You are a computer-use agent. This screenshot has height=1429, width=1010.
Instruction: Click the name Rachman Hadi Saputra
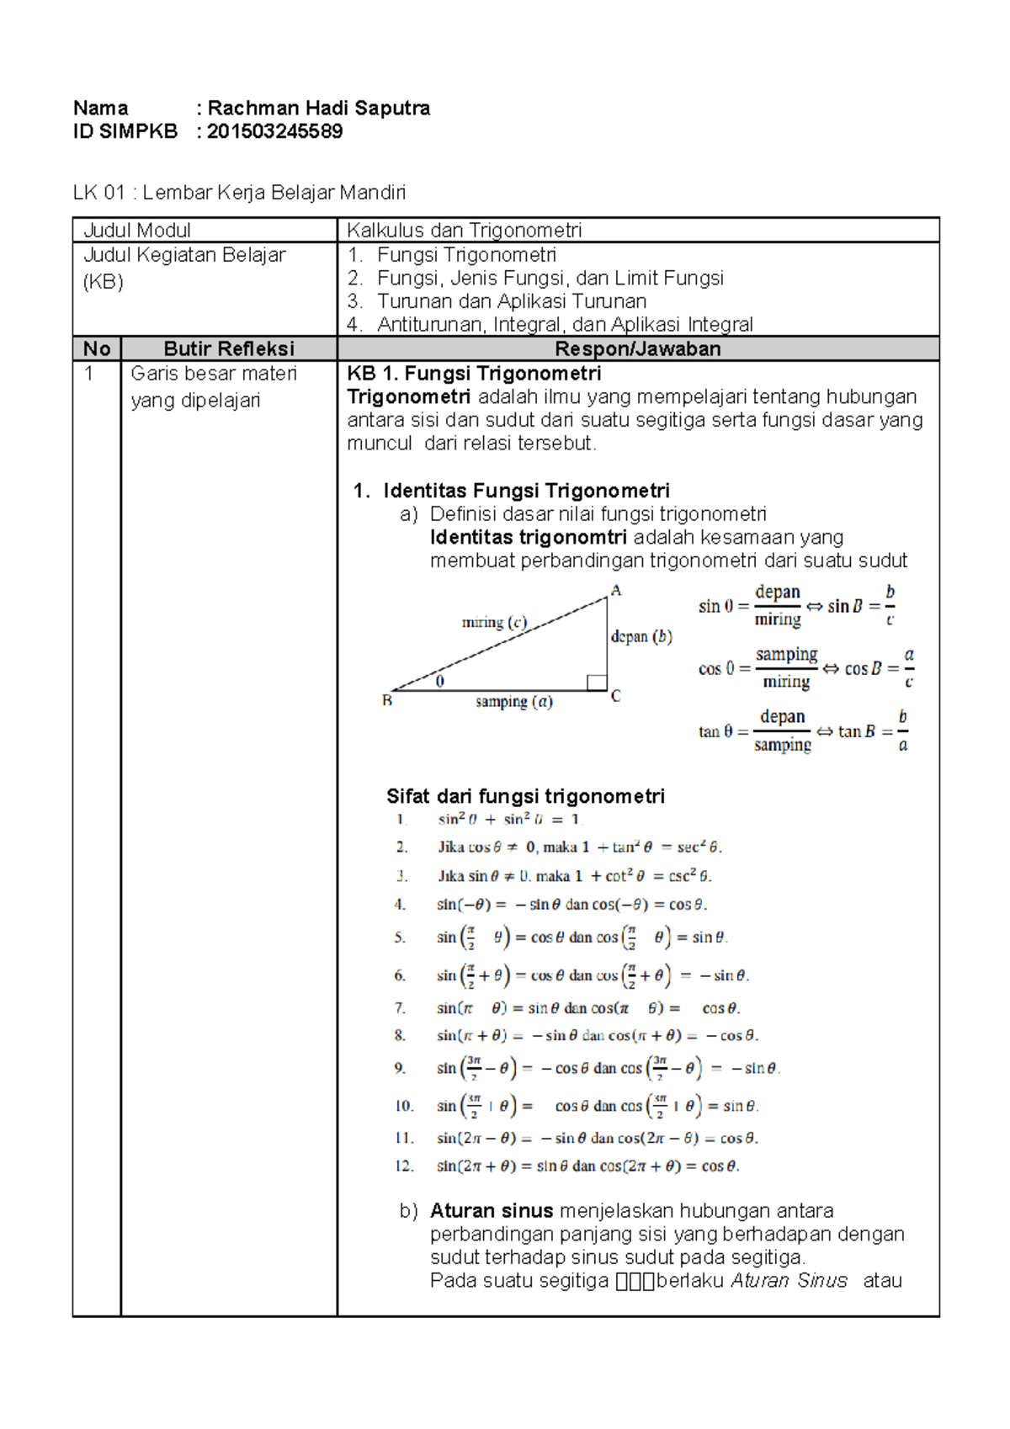pos(318,108)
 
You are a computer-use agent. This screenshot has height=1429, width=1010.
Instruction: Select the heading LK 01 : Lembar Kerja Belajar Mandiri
pos(239,193)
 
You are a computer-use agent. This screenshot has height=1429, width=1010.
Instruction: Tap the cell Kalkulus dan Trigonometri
pos(464,230)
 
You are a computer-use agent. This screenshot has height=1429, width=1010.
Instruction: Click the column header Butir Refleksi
pos(229,348)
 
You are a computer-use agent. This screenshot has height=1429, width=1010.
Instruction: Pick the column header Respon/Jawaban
pos(637,348)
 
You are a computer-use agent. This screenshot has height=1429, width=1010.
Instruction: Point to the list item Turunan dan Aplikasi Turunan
pos(512,301)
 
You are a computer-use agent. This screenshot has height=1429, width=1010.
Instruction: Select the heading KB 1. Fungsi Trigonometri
pos(474,374)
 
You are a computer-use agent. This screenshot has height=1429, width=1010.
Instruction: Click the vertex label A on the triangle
pos(616,591)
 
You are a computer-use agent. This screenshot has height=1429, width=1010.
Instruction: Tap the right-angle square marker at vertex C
pos(597,683)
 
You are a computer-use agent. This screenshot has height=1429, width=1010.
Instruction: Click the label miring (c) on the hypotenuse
pos(494,622)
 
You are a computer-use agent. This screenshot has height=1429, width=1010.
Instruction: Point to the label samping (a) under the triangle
pos(513,701)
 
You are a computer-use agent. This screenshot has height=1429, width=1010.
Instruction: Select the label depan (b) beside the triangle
pos(641,636)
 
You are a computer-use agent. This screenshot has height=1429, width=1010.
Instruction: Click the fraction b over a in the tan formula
pos(902,730)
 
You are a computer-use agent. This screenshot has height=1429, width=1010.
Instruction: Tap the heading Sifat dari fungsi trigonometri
pos(525,796)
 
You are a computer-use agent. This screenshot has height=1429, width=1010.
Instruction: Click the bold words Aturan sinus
pos(492,1210)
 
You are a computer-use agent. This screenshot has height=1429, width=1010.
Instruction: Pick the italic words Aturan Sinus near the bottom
pos(789,1280)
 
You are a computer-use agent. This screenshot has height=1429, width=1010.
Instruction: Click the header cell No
pos(97,348)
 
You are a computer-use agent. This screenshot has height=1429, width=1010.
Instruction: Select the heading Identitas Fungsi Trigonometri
pos(526,491)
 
